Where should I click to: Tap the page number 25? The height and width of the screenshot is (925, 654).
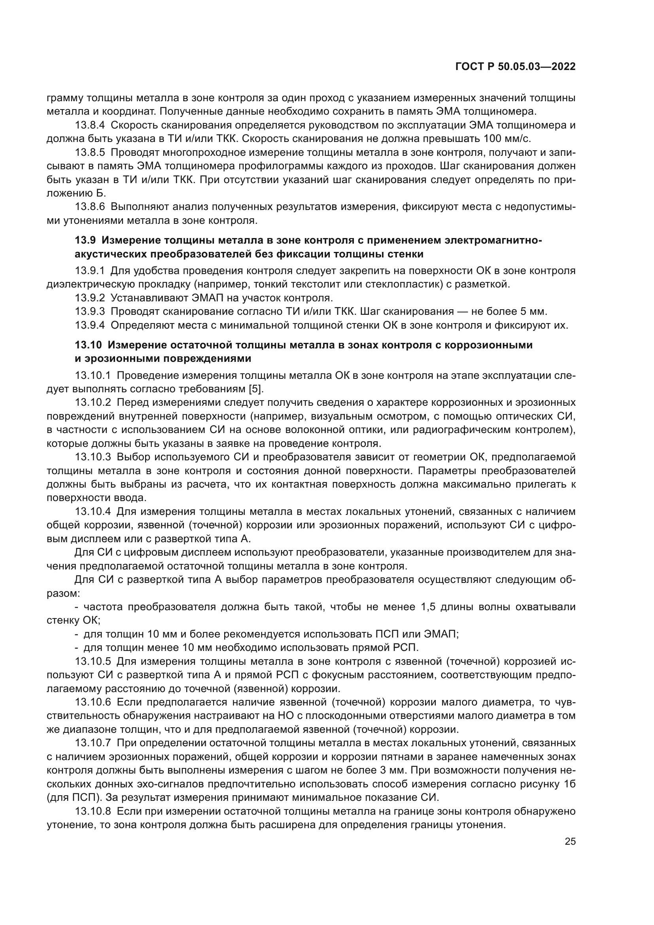pos(570,841)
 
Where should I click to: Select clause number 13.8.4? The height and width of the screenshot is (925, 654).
pos(90,125)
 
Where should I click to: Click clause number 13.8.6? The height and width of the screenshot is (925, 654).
pos(90,207)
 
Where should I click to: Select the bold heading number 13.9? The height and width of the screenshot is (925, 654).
pos(85,240)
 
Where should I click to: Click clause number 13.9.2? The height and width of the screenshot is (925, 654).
pos(90,298)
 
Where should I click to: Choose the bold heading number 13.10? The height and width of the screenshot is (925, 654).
pos(88,345)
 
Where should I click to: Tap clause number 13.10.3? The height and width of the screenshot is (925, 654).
pos(93,457)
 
